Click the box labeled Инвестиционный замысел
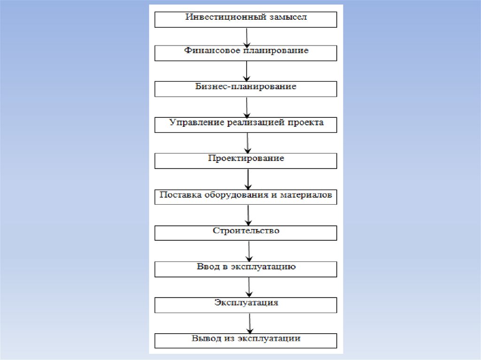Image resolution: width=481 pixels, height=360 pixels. coord(246,20)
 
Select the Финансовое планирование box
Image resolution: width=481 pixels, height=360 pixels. coord(246,53)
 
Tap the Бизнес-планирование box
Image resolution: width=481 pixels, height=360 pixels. coord(246,89)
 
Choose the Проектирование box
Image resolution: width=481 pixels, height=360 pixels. coord(246,161)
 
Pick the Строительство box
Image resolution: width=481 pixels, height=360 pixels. coord(246,233)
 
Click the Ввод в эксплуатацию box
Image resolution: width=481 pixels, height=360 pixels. coord(246,269)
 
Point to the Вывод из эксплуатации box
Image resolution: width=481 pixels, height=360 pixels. coord(246,340)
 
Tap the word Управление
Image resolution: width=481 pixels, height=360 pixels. coord(196,123)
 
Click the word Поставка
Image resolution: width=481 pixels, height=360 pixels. coord(180,195)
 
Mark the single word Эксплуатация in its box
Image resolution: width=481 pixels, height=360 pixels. coord(246,303)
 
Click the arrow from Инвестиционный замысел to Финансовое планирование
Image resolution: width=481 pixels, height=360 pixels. coord(246,36)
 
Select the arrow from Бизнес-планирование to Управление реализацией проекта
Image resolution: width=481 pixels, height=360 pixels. coord(247,107)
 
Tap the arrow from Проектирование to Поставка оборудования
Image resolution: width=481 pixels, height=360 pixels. coord(248,179)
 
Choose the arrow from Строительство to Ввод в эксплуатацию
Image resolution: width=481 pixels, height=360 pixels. coord(249,251)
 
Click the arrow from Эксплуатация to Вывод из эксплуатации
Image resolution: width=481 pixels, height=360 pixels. coord(249,323)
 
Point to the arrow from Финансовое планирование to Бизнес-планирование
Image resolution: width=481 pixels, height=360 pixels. coord(247,71)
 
